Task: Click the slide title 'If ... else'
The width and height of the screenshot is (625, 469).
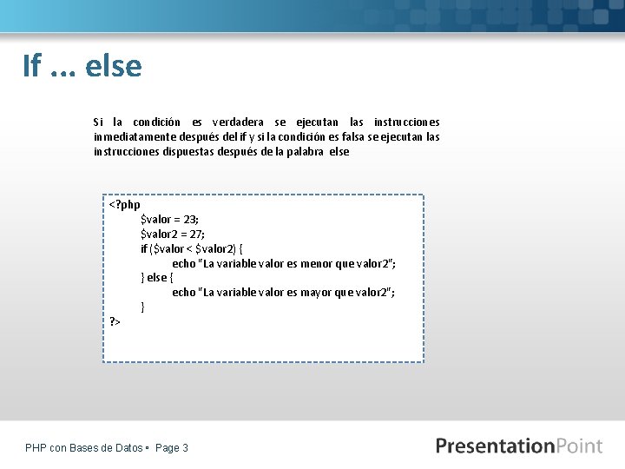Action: pos(82,65)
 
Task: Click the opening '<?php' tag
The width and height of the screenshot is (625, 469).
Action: pos(124,205)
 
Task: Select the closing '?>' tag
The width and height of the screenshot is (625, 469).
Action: pos(115,322)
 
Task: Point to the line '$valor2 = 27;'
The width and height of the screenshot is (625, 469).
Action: pos(173,234)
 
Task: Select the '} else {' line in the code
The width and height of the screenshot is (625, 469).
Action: pos(157,278)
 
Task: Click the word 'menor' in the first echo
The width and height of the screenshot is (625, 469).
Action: pos(313,263)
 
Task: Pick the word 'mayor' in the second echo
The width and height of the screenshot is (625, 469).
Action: pos(313,293)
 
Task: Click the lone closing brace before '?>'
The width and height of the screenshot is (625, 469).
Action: pos(142,307)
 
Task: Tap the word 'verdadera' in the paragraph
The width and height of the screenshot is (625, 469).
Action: pos(239,122)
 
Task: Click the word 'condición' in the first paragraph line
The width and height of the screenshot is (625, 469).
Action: pos(156,122)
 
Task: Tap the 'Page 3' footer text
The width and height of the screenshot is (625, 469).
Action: pos(171,448)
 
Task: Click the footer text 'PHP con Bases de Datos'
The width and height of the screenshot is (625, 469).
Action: pos(84,448)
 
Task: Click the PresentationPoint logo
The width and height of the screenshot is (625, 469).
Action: pos(518,446)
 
